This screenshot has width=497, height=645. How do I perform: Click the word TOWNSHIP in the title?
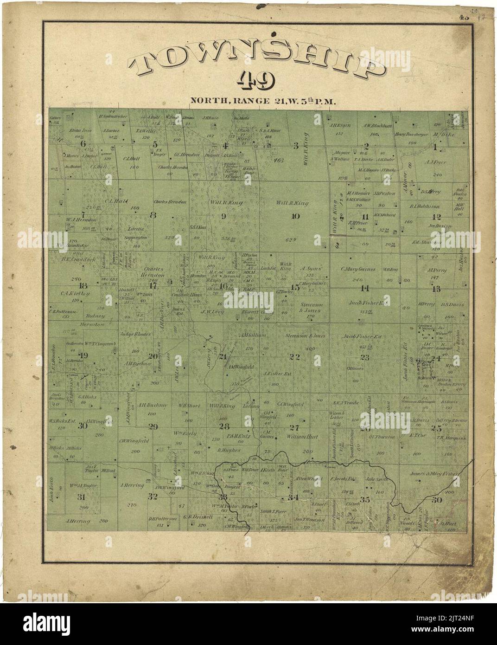[x=258, y=61]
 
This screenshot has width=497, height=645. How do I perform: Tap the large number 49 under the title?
[x=256, y=82]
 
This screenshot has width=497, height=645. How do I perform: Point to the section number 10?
[x=295, y=216]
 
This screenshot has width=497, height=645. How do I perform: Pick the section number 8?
[x=153, y=215]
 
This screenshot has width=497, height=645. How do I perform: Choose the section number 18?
[x=83, y=285]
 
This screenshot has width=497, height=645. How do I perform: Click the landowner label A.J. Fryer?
[x=435, y=162]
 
